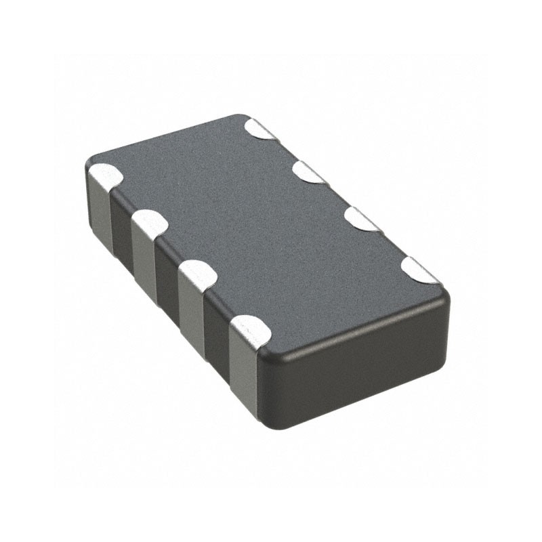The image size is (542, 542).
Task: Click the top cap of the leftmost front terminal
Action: (x=105, y=176)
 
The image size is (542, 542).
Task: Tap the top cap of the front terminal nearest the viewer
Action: (x=251, y=331)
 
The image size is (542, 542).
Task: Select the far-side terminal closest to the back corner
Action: (x=261, y=129)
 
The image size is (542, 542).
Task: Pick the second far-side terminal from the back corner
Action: (x=309, y=173)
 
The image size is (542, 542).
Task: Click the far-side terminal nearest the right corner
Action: (x=417, y=270)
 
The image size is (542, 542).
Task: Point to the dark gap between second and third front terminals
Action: (x=167, y=278)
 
